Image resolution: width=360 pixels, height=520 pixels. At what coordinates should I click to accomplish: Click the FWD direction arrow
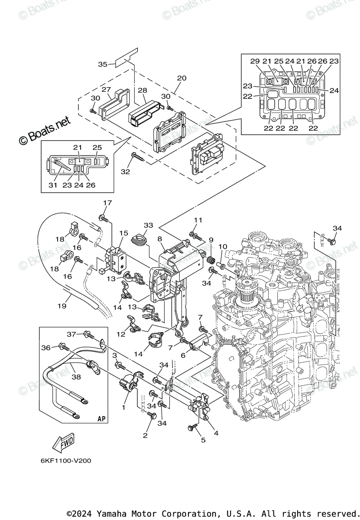pyautogui.click(x=63, y=442)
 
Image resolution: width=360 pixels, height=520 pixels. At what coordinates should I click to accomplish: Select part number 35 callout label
pyautogui.click(x=103, y=65)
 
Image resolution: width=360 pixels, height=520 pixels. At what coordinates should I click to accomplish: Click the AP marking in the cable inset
pyautogui.click(x=101, y=419)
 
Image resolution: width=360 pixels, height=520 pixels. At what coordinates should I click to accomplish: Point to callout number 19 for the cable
pyautogui.click(x=62, y=306)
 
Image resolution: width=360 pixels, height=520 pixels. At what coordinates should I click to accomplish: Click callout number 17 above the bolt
pyautogui.click(x=107, y=203)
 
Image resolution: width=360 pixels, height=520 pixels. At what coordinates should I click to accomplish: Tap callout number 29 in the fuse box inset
pyautogui.click(x=255, y=61)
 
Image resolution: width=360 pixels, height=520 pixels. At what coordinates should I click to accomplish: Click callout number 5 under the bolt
pyautogui.click(x=203, y=441)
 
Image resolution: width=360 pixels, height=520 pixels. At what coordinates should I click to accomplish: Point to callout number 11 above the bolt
pyautogui.click(x=198, y=220)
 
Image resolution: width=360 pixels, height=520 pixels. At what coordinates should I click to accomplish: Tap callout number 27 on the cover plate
pyautogui.click(x=106, y=89)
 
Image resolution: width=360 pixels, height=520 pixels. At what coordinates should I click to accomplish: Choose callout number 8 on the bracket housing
pyautogui.click(x=160, y=239)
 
